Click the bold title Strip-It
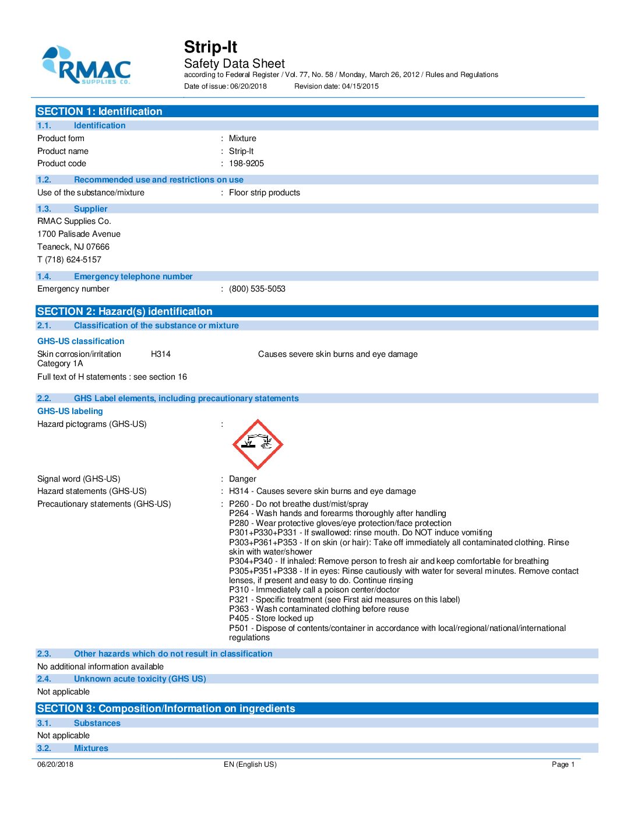point(210,47)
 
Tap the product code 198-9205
point(246,164)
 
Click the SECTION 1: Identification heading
point(100,111)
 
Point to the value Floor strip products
point(264,193)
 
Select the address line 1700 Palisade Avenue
point(79,234)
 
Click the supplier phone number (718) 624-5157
point(73,260)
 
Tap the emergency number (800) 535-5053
point(257,289)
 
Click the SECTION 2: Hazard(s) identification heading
point(125,311)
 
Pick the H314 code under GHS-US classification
point(160,355)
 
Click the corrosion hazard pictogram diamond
point(258,444)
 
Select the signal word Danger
point(242,479)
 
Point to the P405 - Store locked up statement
point(271,619)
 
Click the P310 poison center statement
point(314,590)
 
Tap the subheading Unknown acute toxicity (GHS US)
point(140,679)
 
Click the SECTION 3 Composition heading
point(166,709)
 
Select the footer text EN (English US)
point(250,764)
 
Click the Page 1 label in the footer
point(563,764)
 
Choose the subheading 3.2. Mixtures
point(91,749)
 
